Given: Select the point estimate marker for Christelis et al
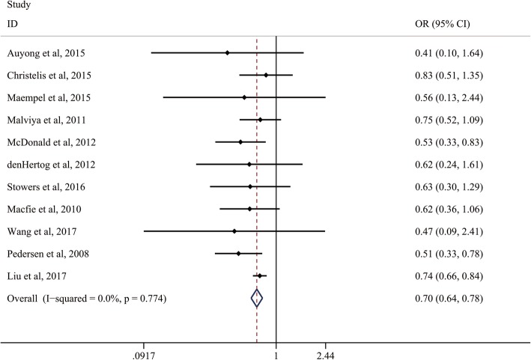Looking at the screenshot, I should click(266, 75).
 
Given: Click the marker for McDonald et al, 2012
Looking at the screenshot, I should click(240, 141).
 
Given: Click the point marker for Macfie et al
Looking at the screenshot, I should click(249, 209).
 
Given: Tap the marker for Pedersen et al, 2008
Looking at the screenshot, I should click(238, 254).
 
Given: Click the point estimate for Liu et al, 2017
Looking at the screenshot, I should click(259, 276).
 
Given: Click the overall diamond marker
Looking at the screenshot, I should click(257, 299).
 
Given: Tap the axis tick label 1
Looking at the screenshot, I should click(276, 353).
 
